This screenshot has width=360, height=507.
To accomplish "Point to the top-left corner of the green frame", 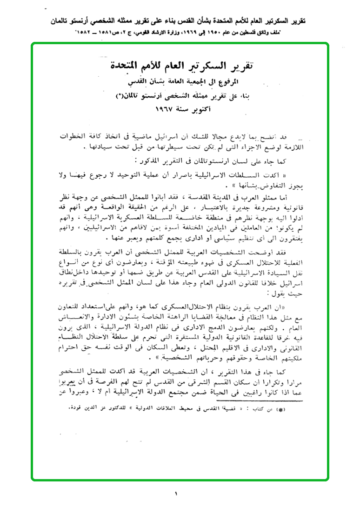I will click(x=33, y=44).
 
